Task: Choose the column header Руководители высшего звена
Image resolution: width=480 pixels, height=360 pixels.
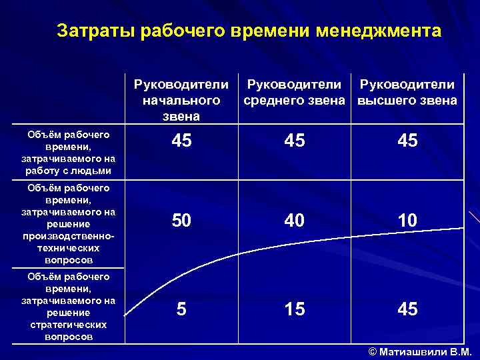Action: point(407,93)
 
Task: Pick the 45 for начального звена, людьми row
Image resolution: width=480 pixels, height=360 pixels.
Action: point(181,141)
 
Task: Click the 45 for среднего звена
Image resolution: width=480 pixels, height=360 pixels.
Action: point(294,141)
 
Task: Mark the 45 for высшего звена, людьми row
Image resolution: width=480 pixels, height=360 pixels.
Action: point(407,141)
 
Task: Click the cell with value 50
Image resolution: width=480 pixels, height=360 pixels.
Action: point(181,221)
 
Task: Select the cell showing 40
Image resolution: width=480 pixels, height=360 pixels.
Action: point(294,221)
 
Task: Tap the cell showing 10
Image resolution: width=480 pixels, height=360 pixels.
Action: point(407,221)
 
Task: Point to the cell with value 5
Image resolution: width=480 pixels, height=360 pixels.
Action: point(181,309)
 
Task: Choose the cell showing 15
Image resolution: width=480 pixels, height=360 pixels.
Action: point(294,309)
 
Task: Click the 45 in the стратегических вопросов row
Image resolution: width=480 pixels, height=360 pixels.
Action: point(407,309)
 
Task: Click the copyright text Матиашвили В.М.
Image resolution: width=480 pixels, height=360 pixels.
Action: point(420,352)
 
